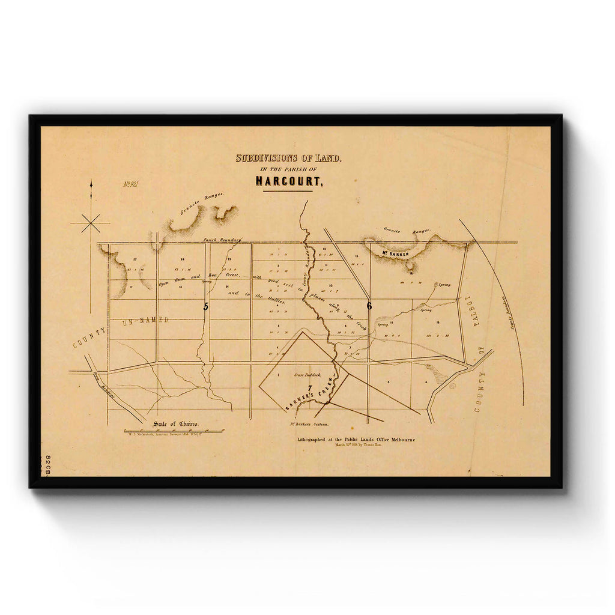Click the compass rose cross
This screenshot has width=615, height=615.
pos(91,223)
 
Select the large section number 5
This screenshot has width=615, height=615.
pos(205,306)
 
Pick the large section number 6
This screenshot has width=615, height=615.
pos(369,306)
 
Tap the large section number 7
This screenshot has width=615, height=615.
pos(310,388)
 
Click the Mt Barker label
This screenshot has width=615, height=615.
pos(395,254)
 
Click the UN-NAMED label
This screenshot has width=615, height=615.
pos(145,320)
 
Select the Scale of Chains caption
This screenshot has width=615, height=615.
pos(175,423)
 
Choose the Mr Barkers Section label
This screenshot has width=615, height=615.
pos(309,425)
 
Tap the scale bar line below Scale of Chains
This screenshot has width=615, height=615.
pos(174,431)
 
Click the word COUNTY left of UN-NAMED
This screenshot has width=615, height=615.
pos(89,338)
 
